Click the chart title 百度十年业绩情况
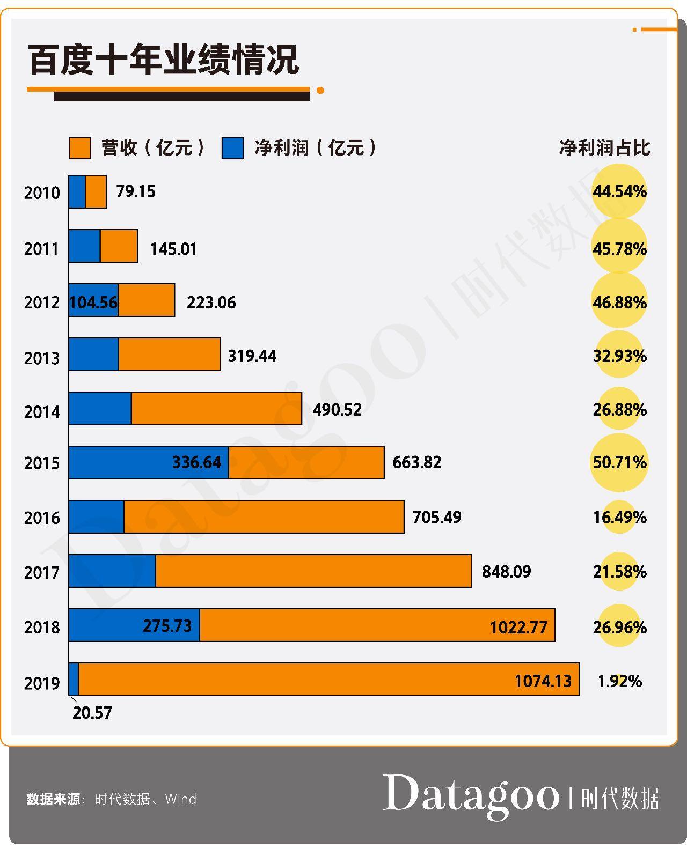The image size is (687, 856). pyautogui.click(x=163, y=60)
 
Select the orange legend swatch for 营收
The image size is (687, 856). pyautogui.click(x=80, y=148)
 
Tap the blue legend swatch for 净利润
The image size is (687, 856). pyautogui.click(x=232, y=148)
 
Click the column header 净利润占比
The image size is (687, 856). pyautogui.click(x=604, y=148)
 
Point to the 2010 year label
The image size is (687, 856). pyautogui.click(x=42, y=193)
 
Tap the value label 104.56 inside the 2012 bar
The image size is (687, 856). pyautogui.click(x=93, y=302)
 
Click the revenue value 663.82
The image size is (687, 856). pyautogui.click(x=417, y=462)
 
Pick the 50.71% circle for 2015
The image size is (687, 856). pyautogui.click(x=619, y=462)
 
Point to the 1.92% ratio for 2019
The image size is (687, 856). pyautogui.click(x=619, y=681)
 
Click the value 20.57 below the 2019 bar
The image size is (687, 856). pyautogui.click(x=92, y=713)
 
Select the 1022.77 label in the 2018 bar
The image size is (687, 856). pyautogui.click(x=518, y=627)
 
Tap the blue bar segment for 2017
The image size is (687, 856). pyautogui.click(x=112, y=571)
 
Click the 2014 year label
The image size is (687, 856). pyautogui.click(x=42, y=412)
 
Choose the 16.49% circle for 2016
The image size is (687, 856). pyautogui.click(x=619, y=517)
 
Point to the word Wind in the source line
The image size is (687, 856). pyautogui.click(x=181, y=799)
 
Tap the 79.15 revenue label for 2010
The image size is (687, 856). pyautogui.click(x=136, y=191)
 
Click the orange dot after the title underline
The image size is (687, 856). pyautogui.click(x=320, y=91)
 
